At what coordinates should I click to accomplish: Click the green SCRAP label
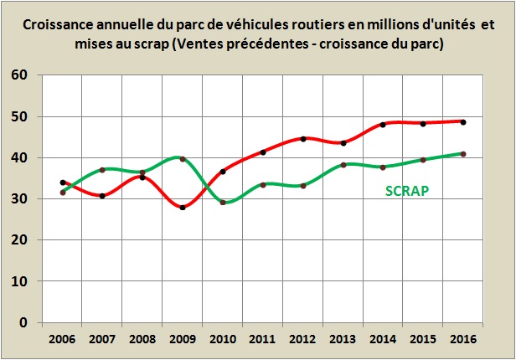point(407,190)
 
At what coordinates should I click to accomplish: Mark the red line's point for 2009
point(183,208)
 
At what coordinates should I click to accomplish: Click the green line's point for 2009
point(183,159)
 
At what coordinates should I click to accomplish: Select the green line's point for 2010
point(223,203)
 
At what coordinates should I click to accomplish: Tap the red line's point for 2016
point(463,122)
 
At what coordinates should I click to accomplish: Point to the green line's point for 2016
point(463,154)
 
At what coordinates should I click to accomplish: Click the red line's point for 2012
point(303,139)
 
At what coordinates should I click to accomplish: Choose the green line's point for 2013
point(343,165)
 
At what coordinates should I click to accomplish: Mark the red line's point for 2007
point(102,196)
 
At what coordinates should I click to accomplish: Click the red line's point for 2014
point(383,125)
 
